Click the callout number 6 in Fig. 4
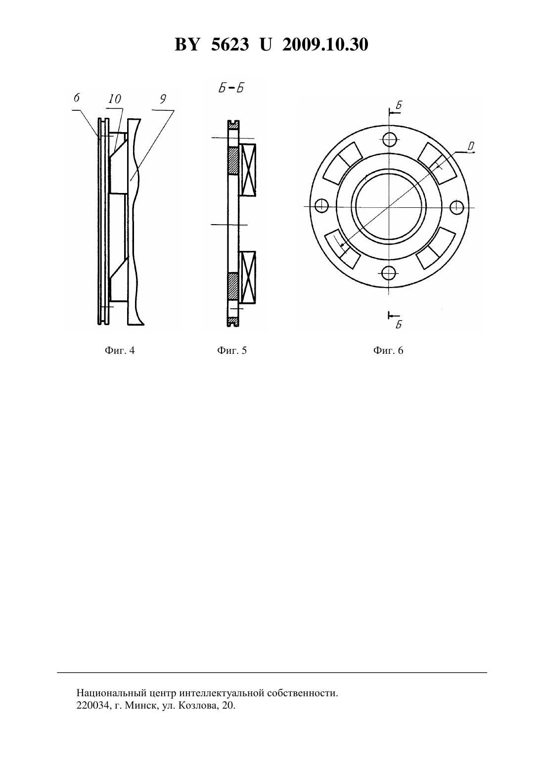pyautogui.click(x=77, y=98)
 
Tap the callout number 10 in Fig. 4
pyautogui.click(x=115, y=99)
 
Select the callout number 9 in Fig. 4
pyautogui.click(x=163, y=99)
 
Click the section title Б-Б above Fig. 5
pyautogui.click(x=231, y=89)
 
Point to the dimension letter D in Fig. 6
pyautogui.click(x=471, y=147)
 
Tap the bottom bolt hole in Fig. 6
pyautogui.click(x=388, y=273)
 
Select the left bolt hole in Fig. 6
pyautogui.click(x=321, y=205)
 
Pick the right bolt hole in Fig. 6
pyautogui.click(x=457, y=206)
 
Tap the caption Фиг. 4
pyautogui.click(x=120, y=351)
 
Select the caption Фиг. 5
pyautogui.click(x=232, y=351)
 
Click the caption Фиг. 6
pyautogui.click(x=388, y=351)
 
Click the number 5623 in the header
pyautogui.click(x=230, y=45)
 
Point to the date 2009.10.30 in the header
pyautogui.click(x=325, y=45)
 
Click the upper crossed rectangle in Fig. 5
pyautogui.click(x=248, y=170)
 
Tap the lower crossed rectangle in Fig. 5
pyautogui.click(x=248, y=278)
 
